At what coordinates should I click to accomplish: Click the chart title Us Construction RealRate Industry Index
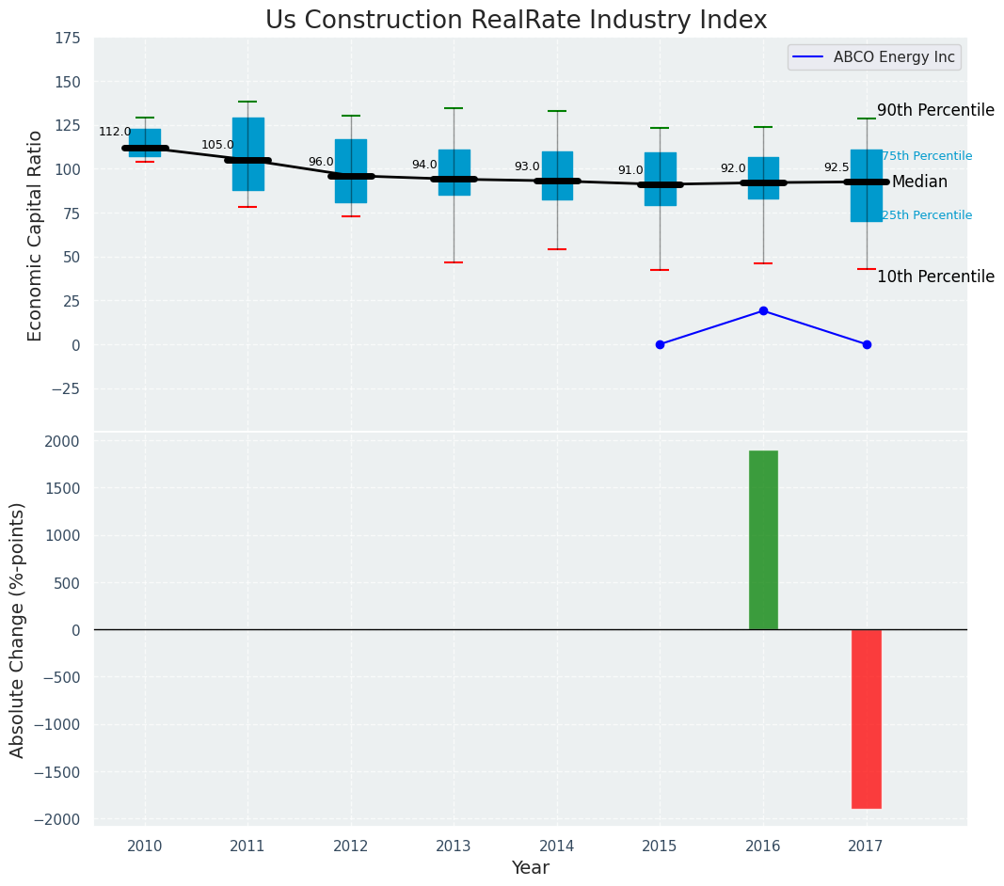[x=516, y=21]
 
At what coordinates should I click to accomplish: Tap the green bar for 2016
[x=763, y=540]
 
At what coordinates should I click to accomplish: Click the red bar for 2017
[x=866, y=719]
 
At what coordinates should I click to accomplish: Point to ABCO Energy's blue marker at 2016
[x=763, y=310]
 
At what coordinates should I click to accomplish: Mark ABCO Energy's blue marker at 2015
[x=660, y=344]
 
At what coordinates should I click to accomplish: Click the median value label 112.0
[x=115, y=133]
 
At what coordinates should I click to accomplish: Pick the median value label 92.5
[x=837, y=167]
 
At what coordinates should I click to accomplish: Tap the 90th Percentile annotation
[x=935, y=110]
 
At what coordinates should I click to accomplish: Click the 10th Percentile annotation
[x=935, y=277]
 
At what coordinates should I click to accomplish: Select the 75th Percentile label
[x=927, y=156]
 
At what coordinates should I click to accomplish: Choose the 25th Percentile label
[x=927, y=215]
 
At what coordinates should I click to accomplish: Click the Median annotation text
[x=919, y=182]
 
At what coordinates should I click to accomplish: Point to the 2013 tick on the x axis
[x=454, y=846]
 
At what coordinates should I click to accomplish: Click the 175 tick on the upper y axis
[x=67, y=39]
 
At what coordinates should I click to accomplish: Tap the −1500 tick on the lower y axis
[x=58, y=772]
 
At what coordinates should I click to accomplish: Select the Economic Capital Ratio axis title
[x=36, y=235]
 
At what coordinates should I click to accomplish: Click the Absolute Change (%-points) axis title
[x=18, y=629]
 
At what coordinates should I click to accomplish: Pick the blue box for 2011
[x=247, y=141]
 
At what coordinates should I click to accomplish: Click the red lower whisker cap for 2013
[x=454, y=262]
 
